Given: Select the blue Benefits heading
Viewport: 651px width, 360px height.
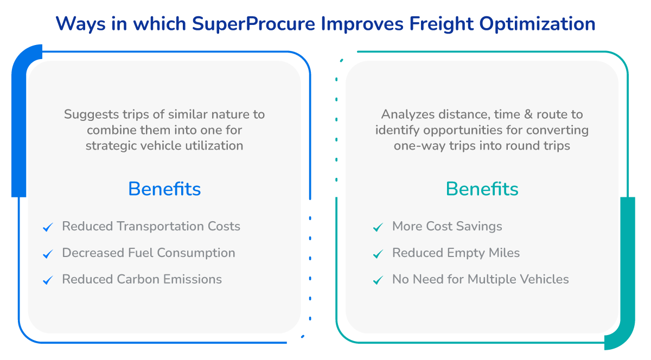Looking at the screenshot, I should point(164,189).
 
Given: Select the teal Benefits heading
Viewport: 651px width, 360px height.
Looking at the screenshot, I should point(482,189).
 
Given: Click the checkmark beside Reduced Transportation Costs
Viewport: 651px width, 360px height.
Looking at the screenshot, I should point(48,227).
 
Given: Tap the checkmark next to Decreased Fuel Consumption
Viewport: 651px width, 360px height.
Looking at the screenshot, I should point(48,254).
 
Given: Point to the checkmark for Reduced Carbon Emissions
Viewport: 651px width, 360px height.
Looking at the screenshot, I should point(48,280).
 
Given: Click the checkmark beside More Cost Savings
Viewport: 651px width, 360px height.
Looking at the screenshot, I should point(378,227).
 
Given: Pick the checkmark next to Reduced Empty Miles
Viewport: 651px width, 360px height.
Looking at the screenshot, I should point(378,254).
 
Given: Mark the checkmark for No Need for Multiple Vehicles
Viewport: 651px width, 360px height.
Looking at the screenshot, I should point(378,280).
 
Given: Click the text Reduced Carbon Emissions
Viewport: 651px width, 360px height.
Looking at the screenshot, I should point(142,279).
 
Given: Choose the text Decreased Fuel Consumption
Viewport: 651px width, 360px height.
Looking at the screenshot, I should point(149,253).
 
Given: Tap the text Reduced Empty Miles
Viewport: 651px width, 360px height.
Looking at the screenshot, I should point(456,253).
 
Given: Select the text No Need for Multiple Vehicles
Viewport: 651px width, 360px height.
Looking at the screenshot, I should point(480,279).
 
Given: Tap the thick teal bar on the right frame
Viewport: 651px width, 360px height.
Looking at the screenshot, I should point(627,271).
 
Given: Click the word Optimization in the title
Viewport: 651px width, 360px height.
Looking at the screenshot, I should point(549,24).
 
